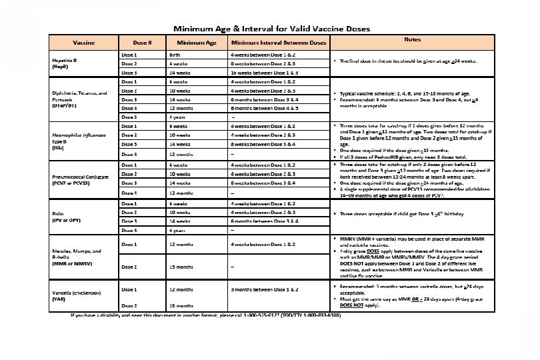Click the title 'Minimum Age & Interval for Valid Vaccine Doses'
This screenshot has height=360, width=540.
(272, 29)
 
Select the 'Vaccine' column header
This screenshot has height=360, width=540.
(83, 43)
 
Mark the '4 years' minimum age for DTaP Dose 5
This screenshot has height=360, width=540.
(179, 117)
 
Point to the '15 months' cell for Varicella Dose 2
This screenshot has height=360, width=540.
(181, 306)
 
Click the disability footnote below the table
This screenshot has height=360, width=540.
(205, 315)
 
